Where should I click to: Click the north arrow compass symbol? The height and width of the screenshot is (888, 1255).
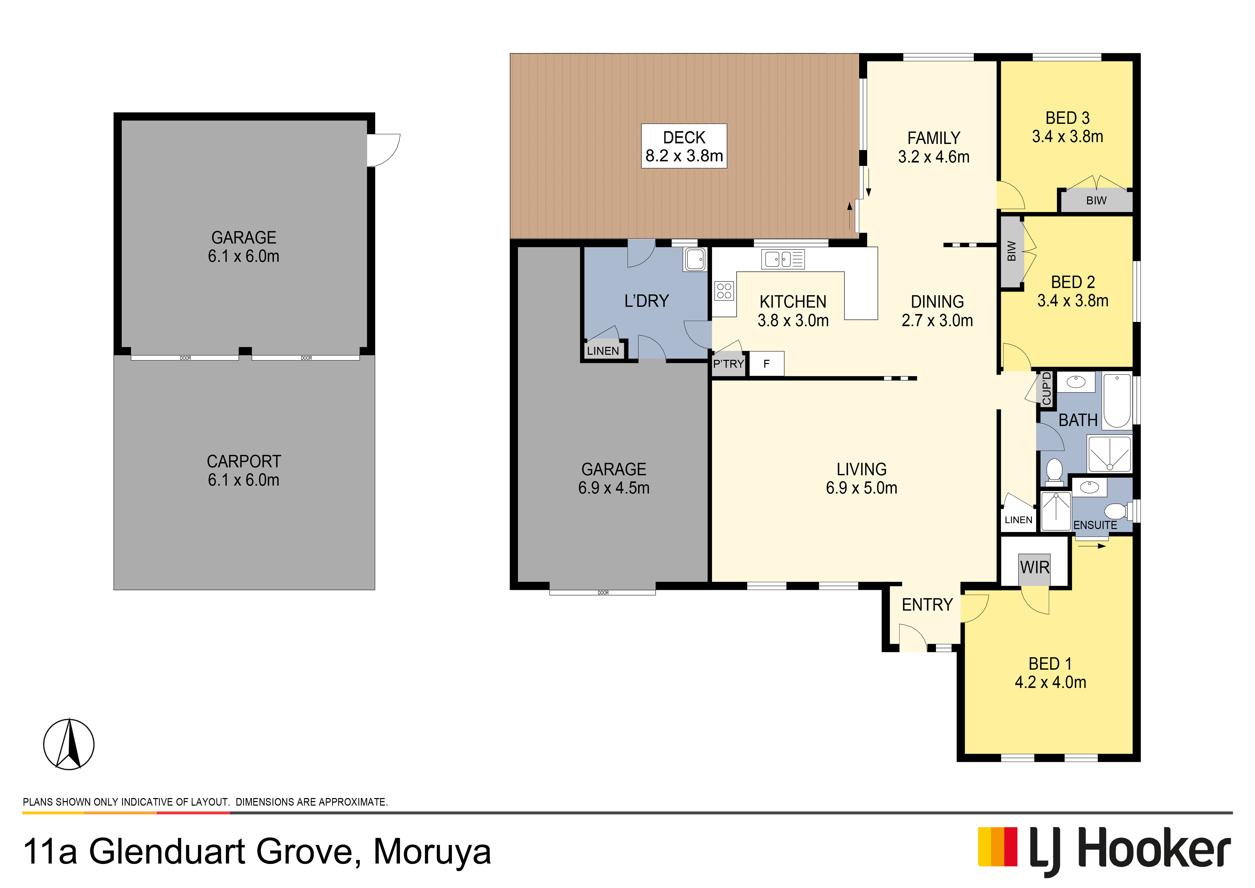pos(69,744)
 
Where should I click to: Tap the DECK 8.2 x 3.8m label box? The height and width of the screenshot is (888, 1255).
pos(684,146)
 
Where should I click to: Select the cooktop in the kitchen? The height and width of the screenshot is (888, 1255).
pos(724,291)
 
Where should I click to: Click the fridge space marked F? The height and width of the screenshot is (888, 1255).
pos(766,364)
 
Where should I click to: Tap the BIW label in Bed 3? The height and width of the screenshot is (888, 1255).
pos(1096,201)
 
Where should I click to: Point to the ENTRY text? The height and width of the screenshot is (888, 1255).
pos(927,605)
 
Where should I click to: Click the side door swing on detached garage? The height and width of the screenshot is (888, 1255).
pos(384,150)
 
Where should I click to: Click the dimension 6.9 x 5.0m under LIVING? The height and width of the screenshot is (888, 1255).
pos(861,488)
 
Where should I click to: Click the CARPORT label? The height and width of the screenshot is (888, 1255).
pos(244,461)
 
